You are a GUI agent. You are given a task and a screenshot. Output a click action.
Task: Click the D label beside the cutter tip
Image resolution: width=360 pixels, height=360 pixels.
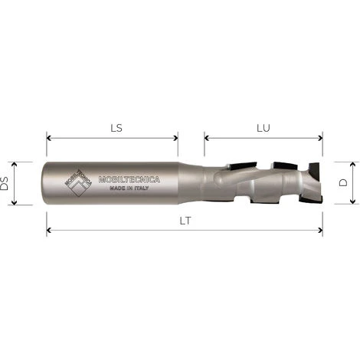(x=344, y=183)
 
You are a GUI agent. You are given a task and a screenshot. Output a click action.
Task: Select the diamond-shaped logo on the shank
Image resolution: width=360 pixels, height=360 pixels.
(x=78, y=183)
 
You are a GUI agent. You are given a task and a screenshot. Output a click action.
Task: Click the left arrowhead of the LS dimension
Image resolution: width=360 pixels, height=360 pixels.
(x=49, y=139)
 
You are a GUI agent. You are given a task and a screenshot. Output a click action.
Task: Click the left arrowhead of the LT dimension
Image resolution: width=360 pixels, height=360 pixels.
(x=49, y=229)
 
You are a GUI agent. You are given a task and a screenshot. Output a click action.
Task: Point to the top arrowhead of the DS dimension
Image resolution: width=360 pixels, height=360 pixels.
(x=25, y=164)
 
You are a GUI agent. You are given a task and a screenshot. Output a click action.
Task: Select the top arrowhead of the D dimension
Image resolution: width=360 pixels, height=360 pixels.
(x=354, y=164)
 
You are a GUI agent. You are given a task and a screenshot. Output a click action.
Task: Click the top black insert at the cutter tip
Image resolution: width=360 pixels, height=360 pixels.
(x=314, y=166)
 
